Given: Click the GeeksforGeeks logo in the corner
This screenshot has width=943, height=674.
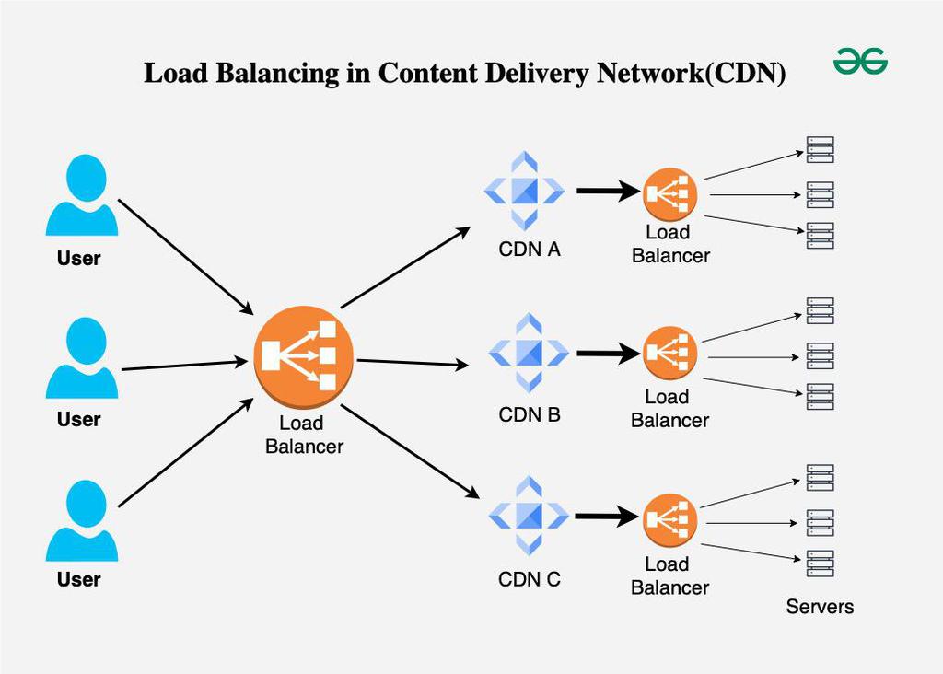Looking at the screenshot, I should (x=860, y=63).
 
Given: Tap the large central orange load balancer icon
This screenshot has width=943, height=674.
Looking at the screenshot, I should (x=303, y=358).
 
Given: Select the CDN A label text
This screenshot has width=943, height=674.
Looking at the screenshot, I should (x=530, y=250).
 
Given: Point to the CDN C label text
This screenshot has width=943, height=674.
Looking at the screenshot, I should (x=530, y=580).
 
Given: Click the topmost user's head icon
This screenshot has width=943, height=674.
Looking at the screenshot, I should (x=86, y=178).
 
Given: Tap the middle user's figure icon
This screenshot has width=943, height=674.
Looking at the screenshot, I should (x=83, y=358).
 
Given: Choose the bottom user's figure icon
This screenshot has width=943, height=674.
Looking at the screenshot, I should (x=83, y=520).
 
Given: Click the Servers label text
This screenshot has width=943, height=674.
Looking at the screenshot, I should (x=820, y=607).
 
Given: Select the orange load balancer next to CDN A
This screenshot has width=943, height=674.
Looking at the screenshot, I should (x=670, y=194).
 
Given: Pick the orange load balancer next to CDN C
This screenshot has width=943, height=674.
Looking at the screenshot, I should (x=670, y=521).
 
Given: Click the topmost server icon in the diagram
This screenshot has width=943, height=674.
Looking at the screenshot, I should (x=820, y=150).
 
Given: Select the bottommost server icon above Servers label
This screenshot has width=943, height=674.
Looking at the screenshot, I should (x=820, y=564).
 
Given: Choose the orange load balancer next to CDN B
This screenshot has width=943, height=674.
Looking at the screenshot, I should (x=670, y=353).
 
